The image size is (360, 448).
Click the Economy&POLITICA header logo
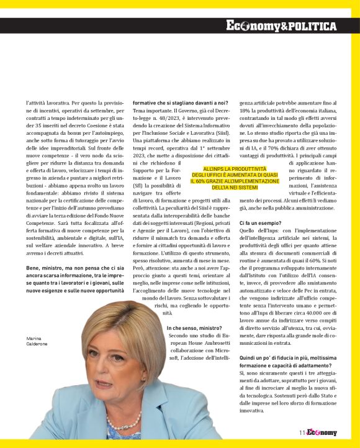tap(281, 26)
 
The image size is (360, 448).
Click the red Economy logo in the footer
tap(321, 433)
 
